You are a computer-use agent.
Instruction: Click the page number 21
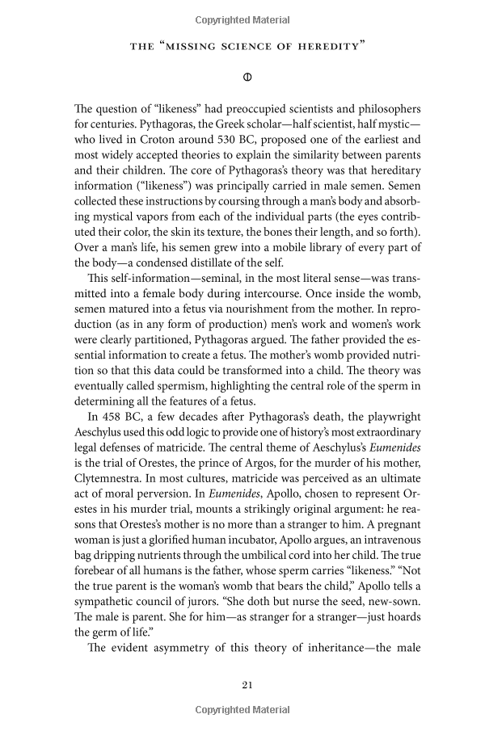click(x=248, y=685)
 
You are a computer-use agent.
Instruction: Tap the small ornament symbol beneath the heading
click(x=248, y=78)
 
